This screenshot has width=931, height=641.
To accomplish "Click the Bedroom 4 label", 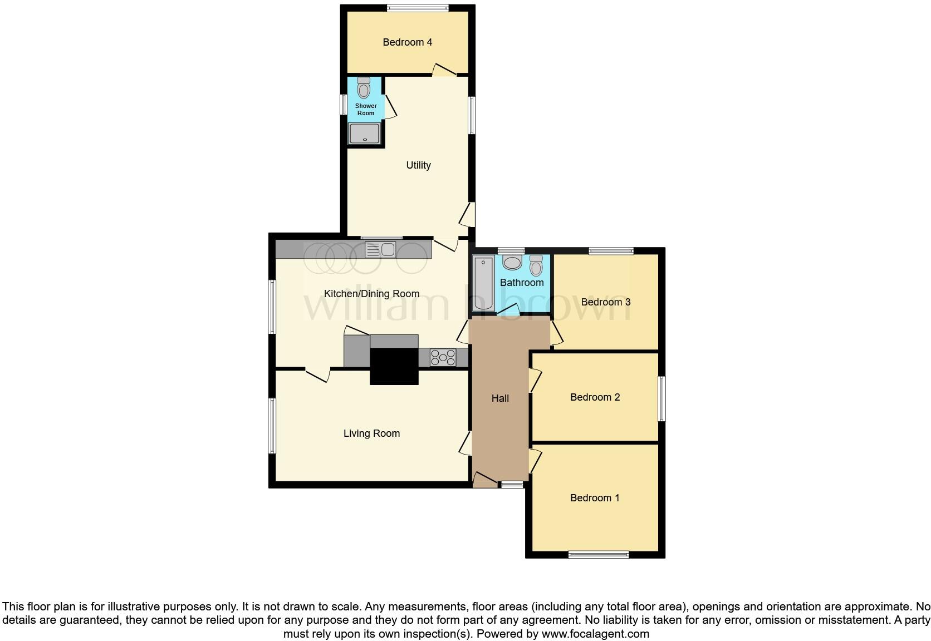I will pos(407,42).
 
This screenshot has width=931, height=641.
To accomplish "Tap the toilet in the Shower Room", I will pos(364,88).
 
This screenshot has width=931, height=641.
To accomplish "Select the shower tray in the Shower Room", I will pos(364,134).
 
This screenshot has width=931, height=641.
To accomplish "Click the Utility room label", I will pos(418,165).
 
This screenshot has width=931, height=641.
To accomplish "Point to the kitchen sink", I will pos(380,249).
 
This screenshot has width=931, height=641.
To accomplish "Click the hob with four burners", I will pos(443,358).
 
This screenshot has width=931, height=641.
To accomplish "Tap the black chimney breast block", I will pos(394,366).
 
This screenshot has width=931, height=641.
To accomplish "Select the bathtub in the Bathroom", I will pos(483,283).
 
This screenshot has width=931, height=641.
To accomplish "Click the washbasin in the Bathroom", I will pos(512,262).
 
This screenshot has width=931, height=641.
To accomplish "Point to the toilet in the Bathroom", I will pos(536,265).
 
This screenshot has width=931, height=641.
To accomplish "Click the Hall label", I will pos(500,398).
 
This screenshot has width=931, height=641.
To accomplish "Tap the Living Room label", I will pos(371,433).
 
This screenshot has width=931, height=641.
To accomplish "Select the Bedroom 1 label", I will pos(595,498).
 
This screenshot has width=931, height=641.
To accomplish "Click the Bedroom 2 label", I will pos(595,397).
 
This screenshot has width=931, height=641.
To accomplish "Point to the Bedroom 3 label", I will pos(605,302).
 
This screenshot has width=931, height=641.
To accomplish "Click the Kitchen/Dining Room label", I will pos(371,294).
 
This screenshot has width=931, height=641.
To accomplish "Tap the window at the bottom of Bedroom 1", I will pos(599,554).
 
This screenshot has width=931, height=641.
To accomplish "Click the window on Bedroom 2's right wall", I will pos(661,399).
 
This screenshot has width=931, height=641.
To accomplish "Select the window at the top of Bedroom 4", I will pos(418,8).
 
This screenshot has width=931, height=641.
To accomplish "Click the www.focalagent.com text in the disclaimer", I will pos(595,634).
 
